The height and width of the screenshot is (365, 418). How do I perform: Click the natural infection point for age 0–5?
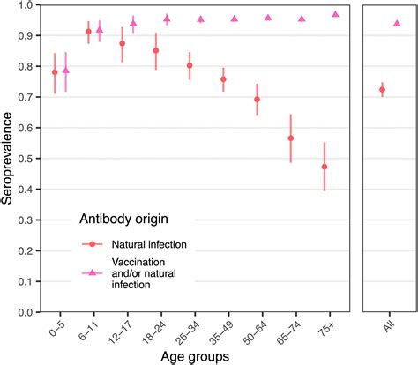[55, 72]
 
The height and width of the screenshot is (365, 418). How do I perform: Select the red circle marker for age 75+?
[325, 167]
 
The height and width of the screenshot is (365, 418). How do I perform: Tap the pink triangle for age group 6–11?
[99, 30]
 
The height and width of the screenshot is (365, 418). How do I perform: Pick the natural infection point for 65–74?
[291, 138]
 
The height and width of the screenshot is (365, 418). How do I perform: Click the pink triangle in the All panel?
[397, 23]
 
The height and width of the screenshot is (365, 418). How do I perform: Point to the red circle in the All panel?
[382, 89]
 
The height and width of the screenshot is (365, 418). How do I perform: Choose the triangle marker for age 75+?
[335, 14]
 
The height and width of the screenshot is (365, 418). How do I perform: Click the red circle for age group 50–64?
[258, 99]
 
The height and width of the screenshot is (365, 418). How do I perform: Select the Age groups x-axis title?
[195, 356]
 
